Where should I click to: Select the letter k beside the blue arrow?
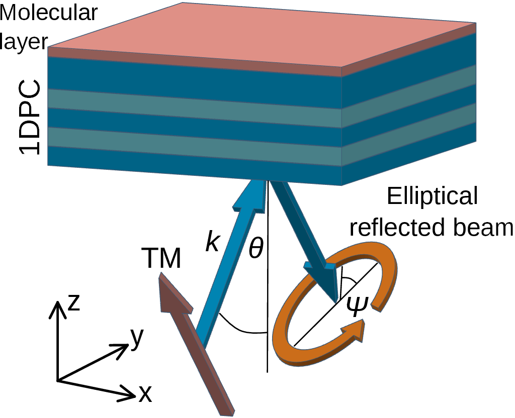pos(213,243)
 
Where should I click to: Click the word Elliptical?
pos(432,197)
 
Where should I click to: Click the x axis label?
pos(145,395)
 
